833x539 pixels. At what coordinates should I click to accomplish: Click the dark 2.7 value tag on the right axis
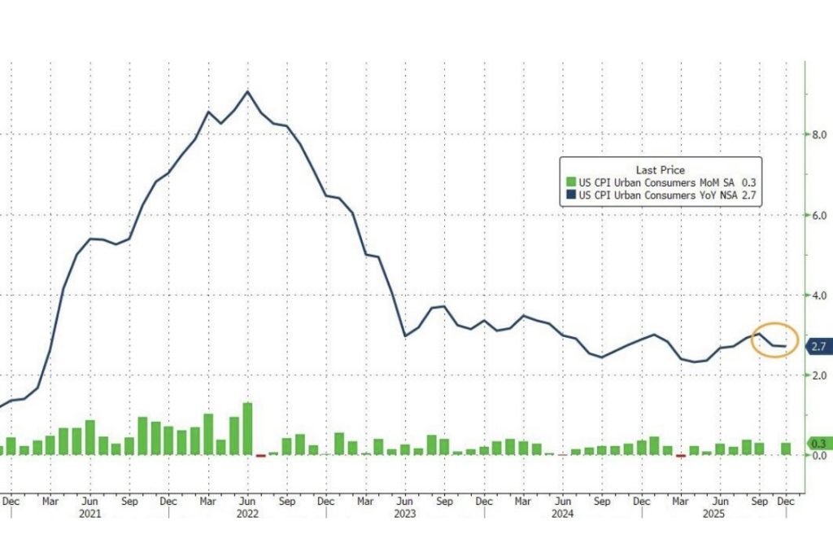coord(817,347)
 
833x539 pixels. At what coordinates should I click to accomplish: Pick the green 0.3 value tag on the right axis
coord(817,444)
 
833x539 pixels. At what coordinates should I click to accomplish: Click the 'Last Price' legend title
coord(660,169)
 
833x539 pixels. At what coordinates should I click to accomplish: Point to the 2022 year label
coord(247,514)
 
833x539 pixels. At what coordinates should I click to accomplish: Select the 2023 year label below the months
coord(405,514)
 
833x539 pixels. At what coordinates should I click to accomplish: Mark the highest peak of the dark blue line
coord(247,91)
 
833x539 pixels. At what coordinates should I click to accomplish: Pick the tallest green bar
coord(247,428)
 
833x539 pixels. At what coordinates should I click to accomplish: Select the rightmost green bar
coord(787,449)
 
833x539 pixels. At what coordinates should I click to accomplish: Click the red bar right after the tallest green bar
coord(260,455)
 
